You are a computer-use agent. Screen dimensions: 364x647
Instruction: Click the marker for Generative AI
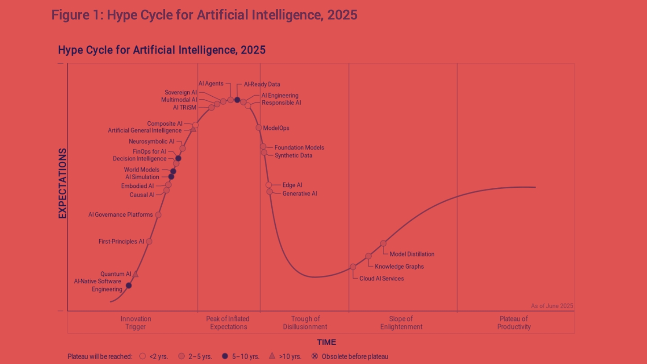[270, 192]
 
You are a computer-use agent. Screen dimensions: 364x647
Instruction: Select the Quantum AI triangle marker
[135, 274]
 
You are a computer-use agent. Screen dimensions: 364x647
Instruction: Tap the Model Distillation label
[412, 254]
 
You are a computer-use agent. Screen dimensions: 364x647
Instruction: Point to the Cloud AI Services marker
[353, 267]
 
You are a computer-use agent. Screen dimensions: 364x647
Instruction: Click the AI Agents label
[211, 84]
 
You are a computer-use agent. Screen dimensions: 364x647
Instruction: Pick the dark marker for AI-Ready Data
[237, 100]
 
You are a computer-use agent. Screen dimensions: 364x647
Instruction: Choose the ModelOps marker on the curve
[259, 128]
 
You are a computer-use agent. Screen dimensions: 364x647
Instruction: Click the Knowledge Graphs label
[399, 266]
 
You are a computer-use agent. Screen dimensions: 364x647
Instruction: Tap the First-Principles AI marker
[149, 242]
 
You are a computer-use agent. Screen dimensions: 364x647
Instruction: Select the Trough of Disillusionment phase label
[305, 323]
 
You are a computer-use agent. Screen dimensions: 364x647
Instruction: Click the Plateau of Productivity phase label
[514, 323]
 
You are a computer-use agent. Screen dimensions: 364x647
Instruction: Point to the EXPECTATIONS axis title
[62, 183]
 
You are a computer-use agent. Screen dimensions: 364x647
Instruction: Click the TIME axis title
[326, 342]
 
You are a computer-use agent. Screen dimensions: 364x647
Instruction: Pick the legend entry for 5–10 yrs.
[241, 357]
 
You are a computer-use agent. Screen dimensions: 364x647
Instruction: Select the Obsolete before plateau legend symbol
[315, 356]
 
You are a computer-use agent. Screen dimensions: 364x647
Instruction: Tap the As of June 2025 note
[552, 306]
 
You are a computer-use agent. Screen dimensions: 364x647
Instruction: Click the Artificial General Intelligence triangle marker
[193, 129]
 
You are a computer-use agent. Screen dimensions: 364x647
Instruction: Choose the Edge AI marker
[269, 185]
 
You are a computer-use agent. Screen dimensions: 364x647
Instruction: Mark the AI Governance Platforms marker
[158, 215]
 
